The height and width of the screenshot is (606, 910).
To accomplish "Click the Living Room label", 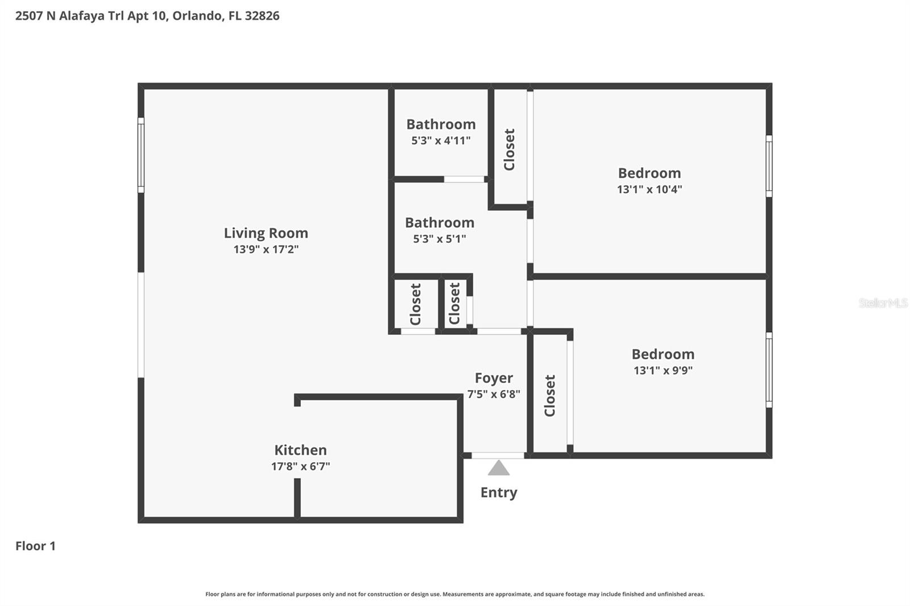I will pyautogui.click(x=266, y=233).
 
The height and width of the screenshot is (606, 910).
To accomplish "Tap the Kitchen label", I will pyautogui.click(x=300, y=450).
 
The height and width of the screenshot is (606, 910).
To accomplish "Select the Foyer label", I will pyautogui.click(x=494, y=378).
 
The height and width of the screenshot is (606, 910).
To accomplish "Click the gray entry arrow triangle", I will pyautogui.click(x=499, y=468).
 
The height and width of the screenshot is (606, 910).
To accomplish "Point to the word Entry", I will pyautogui.click(x=499, y=492).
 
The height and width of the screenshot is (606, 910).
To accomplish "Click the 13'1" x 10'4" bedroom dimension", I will pyautogui.click(x=650, y=189).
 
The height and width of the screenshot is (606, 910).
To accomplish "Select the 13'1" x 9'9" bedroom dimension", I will pyautogui.click(x=663, y=371).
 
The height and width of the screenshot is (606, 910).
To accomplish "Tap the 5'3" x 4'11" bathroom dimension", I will pyautogui.click(x=441, y=140).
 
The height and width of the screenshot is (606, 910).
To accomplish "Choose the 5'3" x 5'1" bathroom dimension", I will pyautogui.click(x=440, y=239).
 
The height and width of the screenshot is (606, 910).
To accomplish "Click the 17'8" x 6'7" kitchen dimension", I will pyautogui.click(x=300, y=467).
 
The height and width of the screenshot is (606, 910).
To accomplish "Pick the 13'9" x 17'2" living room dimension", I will pyautogui.click(x=266, y=249).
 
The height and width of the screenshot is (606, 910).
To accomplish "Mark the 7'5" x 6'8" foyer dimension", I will pyautogui.click(x=494, y=394).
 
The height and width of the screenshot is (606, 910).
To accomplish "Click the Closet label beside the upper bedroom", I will pyautogui.click(x=510, y=149).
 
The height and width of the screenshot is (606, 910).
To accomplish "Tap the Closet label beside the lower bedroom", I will pyautogui.click(x=550, y=395).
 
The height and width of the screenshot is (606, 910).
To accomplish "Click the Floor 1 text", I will pyautogui.click(x=35, y=546).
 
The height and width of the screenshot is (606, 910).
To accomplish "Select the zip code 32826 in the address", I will pyautogui.click(x=262, y=16).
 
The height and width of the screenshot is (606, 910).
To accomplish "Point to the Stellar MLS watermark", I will pyautogui.click(x=883, y=303).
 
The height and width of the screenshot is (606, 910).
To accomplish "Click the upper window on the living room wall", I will pyautogui.click(x=141, y=155).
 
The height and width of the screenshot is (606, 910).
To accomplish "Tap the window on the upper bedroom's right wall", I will pyautogui.click(x=769, y=166).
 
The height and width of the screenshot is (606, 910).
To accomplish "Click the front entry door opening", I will pyautogui.click(x=498, y=455).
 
